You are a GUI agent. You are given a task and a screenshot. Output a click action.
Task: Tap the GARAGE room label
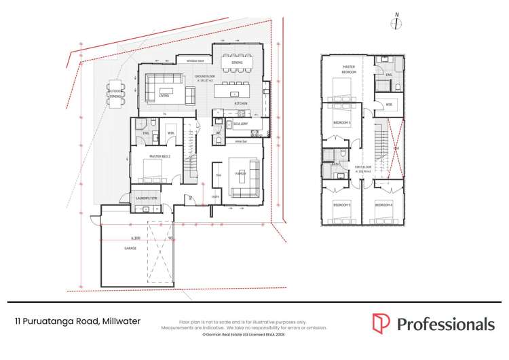[x=130, y=249]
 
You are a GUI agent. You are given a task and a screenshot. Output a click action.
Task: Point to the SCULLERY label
[x=240, y=124]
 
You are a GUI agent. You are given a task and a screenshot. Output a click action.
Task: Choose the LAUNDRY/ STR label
[x=147, y=198]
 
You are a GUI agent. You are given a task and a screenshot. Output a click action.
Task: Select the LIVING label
[x=164, y=96]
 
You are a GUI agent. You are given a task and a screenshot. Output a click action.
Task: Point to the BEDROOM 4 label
[x=383, y=204]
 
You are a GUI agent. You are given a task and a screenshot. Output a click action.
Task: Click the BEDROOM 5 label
[x=341, y=204]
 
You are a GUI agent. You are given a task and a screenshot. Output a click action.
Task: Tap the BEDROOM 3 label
[x=341, y=122]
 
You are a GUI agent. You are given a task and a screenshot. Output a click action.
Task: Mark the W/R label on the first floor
[x=389, y=105]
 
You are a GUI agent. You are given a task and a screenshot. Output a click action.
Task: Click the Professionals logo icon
[x=381, y=323]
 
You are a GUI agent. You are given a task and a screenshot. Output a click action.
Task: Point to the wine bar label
[x=240, y=141]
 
